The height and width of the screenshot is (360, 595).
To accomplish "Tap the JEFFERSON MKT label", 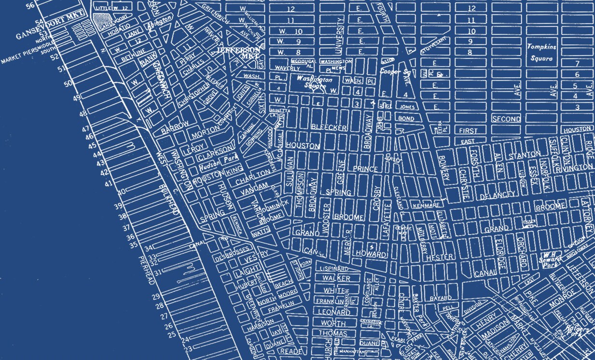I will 239,53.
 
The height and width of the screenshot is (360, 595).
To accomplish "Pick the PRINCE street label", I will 365,169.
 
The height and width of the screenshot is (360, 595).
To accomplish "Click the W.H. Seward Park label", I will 549,259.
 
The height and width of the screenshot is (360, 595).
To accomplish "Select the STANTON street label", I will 525,154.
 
